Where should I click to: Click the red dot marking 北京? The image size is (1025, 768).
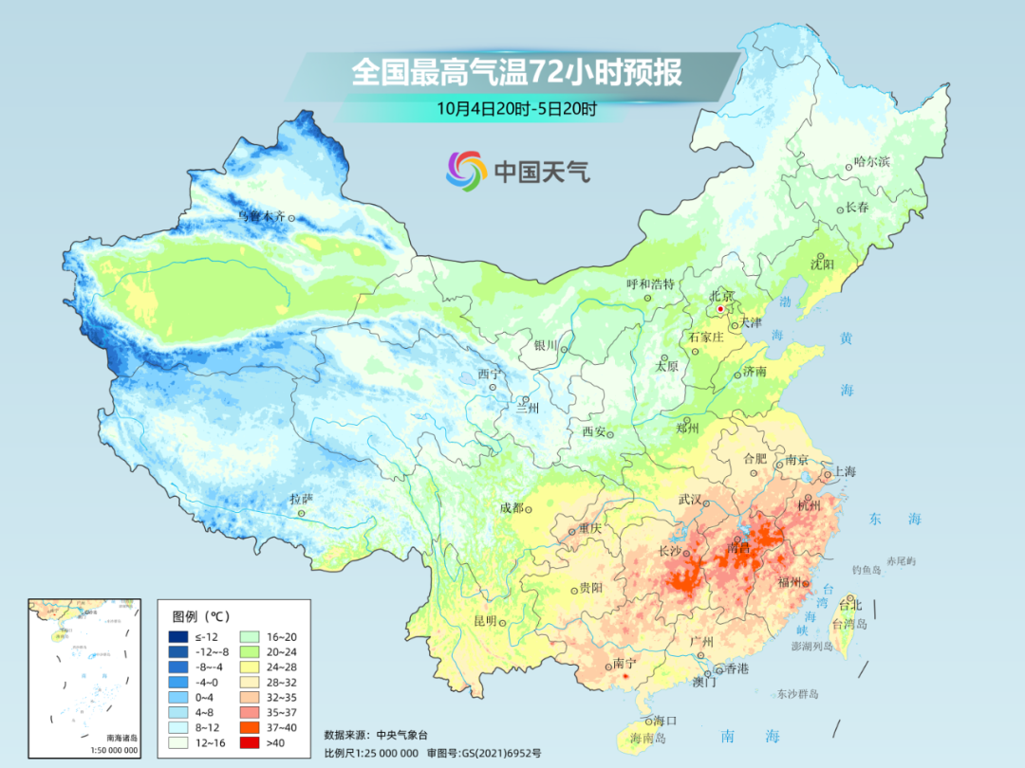pyautogui.click(x=720, y=309)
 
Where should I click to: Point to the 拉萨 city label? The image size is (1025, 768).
pyautogui.click(x=301, y=499)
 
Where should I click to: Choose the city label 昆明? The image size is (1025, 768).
pyautogui.click(x=485, y=621)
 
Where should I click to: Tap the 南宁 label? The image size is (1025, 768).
pyautogui.click(x=625, y=664)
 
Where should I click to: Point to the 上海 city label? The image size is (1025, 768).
pyautogui.click(x=844, y=472)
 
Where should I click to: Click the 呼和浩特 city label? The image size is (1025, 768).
pyautogui.click(x=650, y=283)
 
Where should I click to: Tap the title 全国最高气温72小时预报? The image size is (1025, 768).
pyautogui.click(x=516, y=73)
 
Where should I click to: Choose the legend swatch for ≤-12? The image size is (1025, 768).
pyautogui.click(x=177, y=636)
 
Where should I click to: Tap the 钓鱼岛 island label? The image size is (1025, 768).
pyautogui.click(x=868, y=569)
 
